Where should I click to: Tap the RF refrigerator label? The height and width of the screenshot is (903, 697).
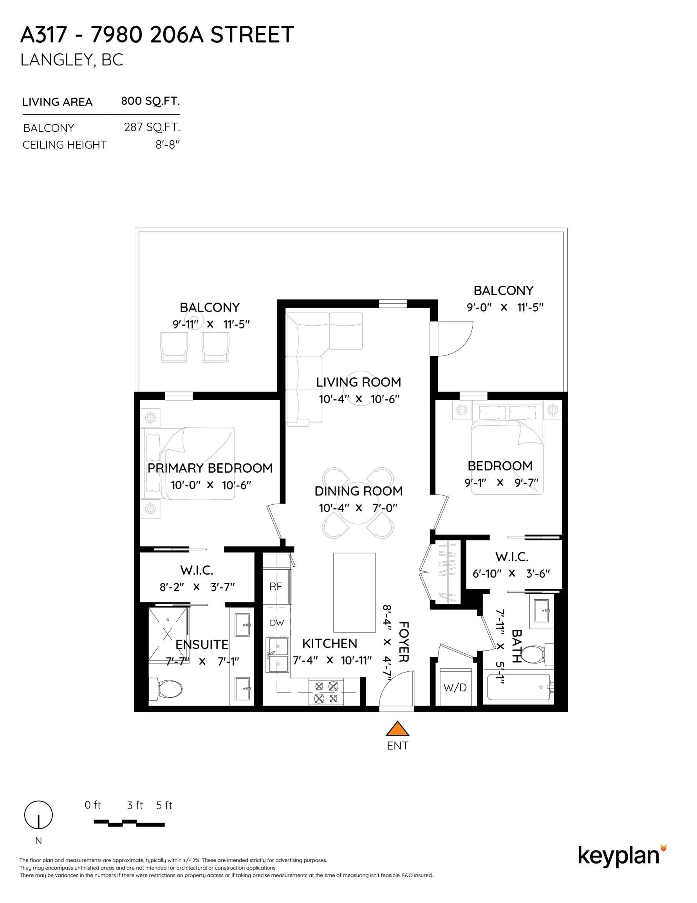pos(276,586)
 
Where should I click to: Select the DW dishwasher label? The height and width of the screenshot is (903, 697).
pos(276,623)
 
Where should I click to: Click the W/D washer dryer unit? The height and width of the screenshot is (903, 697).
pos(455,687)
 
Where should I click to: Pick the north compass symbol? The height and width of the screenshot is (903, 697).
pos(38,815)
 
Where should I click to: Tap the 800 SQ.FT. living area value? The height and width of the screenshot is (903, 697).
pos(150,101)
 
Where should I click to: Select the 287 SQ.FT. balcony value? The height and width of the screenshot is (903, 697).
pos(152,127)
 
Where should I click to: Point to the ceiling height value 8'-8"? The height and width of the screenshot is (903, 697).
pos(167,145)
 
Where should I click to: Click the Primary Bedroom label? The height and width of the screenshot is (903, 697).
pos(210,468)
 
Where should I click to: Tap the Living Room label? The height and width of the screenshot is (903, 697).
pos(358,382)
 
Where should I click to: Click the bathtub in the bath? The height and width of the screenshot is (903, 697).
pos(518,687)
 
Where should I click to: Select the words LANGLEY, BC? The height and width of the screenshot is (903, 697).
pos(72,60)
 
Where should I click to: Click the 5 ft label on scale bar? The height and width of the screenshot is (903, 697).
pos(164,805)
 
